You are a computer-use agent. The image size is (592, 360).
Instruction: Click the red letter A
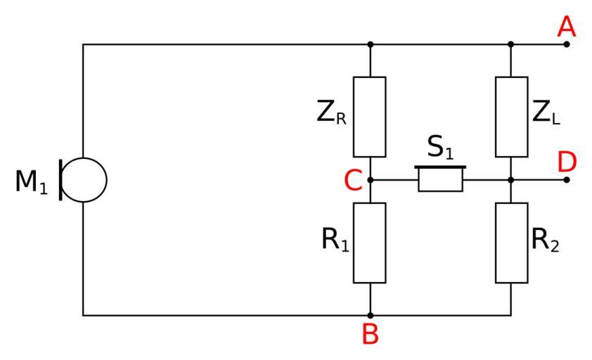pyautogui.click(x=566, y=27)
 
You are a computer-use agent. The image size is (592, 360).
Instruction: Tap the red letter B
pyautogui.click(x=370, y=335)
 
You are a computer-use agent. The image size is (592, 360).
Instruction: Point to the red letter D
pyautogui.click(x=566, y=162)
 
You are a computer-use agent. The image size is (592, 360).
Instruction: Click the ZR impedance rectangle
pyautogui.click(x=370, y=117)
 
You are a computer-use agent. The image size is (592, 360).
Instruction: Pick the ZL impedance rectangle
pyautogui.click(x=511, y=117)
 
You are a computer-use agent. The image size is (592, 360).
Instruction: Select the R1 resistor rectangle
pyautogui.click(x=370, y=243)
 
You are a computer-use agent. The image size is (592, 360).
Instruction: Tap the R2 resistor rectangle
pyautogui.click(x=511, y=243)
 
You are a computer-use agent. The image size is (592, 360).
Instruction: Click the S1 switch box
pyautogui.click(x=441, y=180)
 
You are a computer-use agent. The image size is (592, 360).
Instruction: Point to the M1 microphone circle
pyautogui.click(x=85, y=180)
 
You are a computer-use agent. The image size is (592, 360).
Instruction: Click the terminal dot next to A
pyautogui.click(x=566, y=44)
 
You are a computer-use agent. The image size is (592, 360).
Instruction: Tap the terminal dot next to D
pyautogui.click(x=566, y=180)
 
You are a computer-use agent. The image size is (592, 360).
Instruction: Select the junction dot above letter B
pyautogui.click(x=371, y=316)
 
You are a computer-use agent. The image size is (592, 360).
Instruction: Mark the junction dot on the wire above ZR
pyautogui.click(x=371, y=44)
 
